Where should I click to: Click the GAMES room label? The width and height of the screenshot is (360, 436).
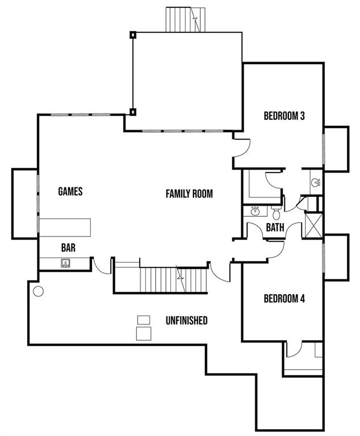pyautogui.click(x=70, y=191)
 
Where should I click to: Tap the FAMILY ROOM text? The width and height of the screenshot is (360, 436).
pyautogui.click(x=189, y=194)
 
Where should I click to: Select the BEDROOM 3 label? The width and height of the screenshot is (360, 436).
pyautogui.click(x=284, y=116)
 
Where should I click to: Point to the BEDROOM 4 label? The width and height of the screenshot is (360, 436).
pyautogui.click(x=284, y=299)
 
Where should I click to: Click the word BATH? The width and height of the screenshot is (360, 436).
pyautogui.click(x=275, y=228)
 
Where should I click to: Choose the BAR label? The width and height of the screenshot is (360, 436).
pyautogui.click(x=69, y=248)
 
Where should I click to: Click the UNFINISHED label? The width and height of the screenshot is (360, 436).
pyautogui.click(x=186, y=321)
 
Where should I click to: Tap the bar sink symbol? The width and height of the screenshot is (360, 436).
pyautogui.click(x=66, y=262)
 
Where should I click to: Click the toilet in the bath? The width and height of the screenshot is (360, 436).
pyautogui.click(x=276, y=214)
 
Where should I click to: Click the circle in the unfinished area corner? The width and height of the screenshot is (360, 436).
pyautogui.click(x=39, y=292)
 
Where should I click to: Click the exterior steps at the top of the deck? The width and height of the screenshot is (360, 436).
pyautogui.click(x=185, y=19)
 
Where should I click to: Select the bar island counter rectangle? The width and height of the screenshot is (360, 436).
pyautogui.click(x=65, y=226)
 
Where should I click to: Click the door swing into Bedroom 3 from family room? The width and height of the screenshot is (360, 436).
pyautogui.click(x=241, y=146)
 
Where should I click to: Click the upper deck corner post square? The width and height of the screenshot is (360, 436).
pyautogui.click(x=133, y=34)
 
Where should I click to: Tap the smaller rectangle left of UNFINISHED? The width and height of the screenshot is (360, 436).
pyautogui.click(x=144, y=320)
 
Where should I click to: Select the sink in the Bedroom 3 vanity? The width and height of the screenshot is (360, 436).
pyautogui.click(x=315, y=182)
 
